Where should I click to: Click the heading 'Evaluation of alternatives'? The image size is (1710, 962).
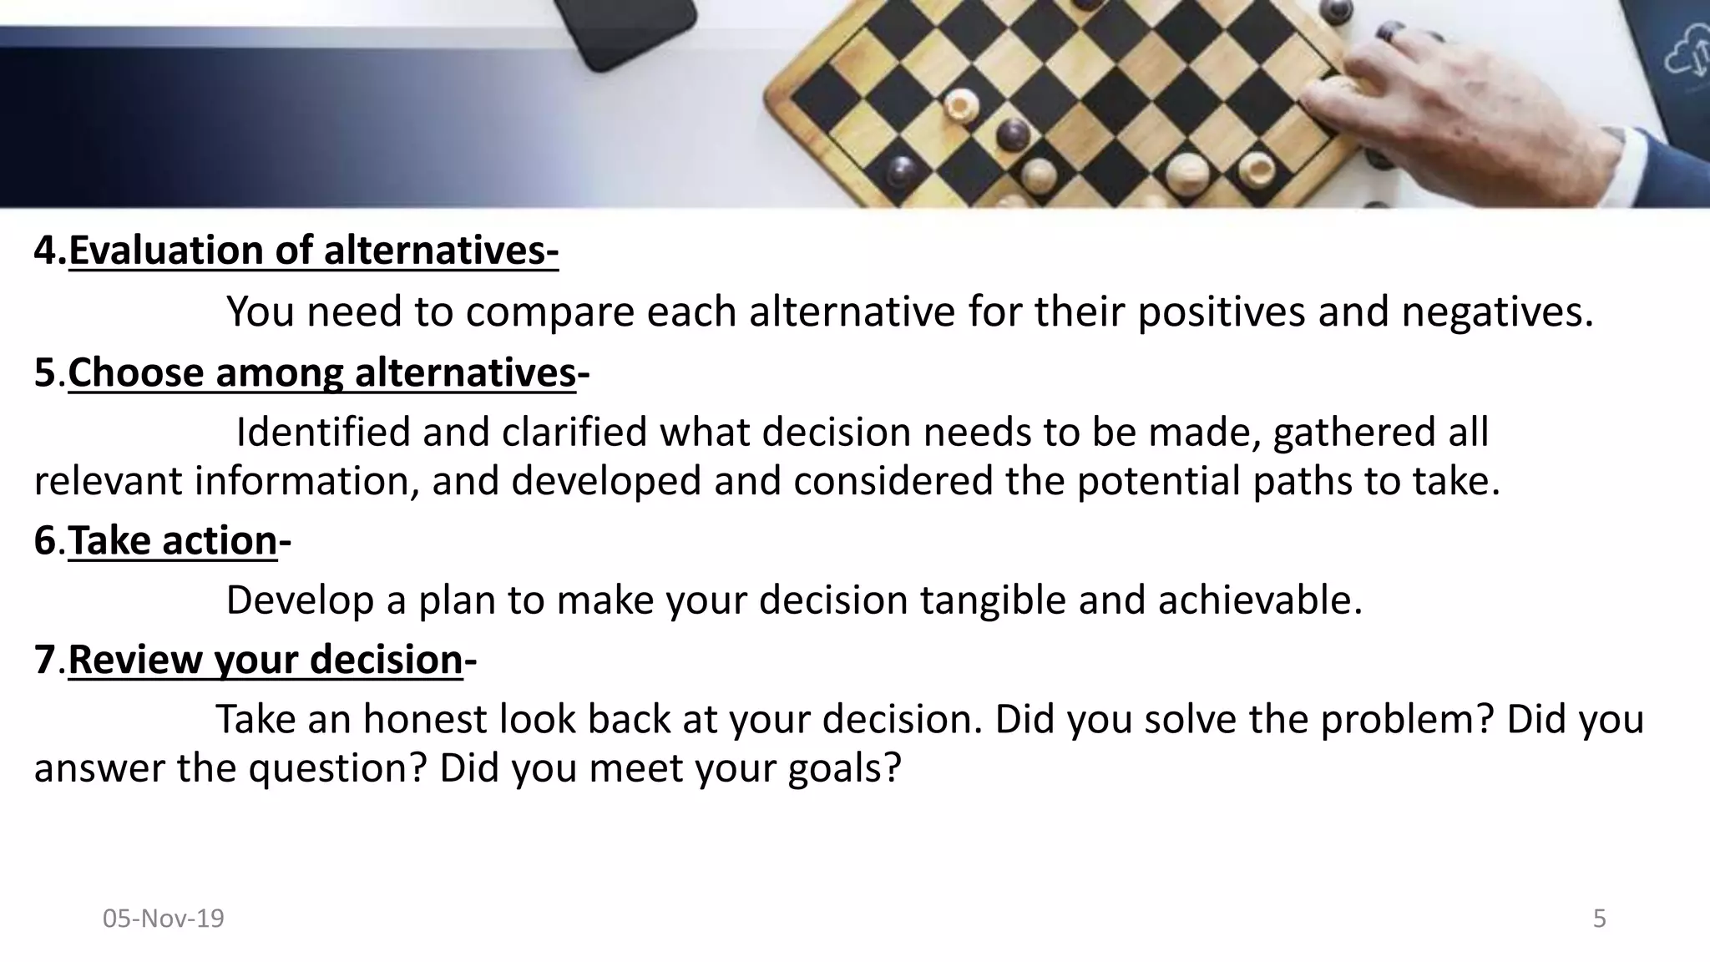point(313,251)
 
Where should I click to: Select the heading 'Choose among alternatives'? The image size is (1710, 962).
point(321,372)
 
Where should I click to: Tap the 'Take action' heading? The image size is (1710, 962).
point(172,540)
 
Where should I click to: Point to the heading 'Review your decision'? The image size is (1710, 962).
point(265,660)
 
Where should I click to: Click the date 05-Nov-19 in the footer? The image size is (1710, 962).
point(164,919)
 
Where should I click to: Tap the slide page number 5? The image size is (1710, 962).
point(1599,919)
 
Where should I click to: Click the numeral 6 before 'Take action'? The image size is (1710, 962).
point(44,540)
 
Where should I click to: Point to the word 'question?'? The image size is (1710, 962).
point(337,768)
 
